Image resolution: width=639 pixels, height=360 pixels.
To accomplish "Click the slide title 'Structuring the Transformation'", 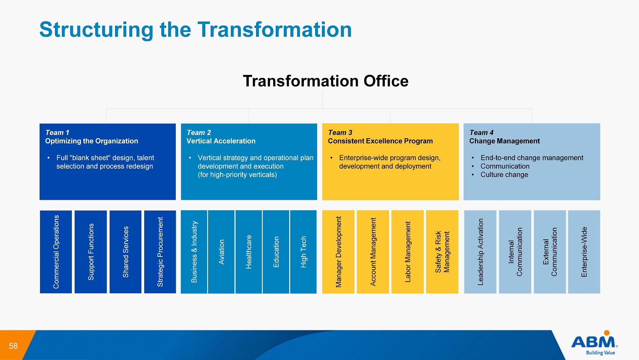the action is (x=195, y=30).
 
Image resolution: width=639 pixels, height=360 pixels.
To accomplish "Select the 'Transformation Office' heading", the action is (x=325, y=81).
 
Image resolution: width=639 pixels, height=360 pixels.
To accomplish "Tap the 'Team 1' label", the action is (x=57, y=133).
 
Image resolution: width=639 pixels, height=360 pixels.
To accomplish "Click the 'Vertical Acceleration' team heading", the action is (x=221, y=141).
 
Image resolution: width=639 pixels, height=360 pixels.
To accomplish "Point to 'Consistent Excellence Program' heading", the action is (x=380, y=141).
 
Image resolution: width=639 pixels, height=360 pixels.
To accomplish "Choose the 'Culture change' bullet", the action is (x=504, y=175).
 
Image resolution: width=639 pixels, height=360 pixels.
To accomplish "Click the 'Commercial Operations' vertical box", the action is (x=56, y=252).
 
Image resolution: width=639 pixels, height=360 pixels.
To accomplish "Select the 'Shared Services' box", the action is (x=125, y=252).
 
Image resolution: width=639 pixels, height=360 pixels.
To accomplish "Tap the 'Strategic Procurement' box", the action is (x=160, y=252).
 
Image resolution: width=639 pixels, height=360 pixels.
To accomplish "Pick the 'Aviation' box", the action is (x=221, y=252).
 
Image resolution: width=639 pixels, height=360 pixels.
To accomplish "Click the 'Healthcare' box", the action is (x=249, y=252).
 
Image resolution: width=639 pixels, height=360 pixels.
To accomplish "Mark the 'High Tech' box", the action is (x=303, y=252).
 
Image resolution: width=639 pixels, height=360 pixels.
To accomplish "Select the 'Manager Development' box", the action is (x=338, y=252).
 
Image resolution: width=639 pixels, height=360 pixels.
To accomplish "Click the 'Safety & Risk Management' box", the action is (x=442, y=252).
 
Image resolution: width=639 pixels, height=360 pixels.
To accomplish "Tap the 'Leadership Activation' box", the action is (x=480, y=252).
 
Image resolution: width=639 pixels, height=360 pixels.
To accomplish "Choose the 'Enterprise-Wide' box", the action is (x=584, y=252).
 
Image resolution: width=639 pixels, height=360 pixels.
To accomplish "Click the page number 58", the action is (x=13, y=346).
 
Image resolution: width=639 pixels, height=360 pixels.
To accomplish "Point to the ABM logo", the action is (x=595, y=342).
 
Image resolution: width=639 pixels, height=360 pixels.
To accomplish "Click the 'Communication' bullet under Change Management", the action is (x=505, y=166).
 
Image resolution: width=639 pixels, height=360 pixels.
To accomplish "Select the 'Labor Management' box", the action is (x=408, y=252).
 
